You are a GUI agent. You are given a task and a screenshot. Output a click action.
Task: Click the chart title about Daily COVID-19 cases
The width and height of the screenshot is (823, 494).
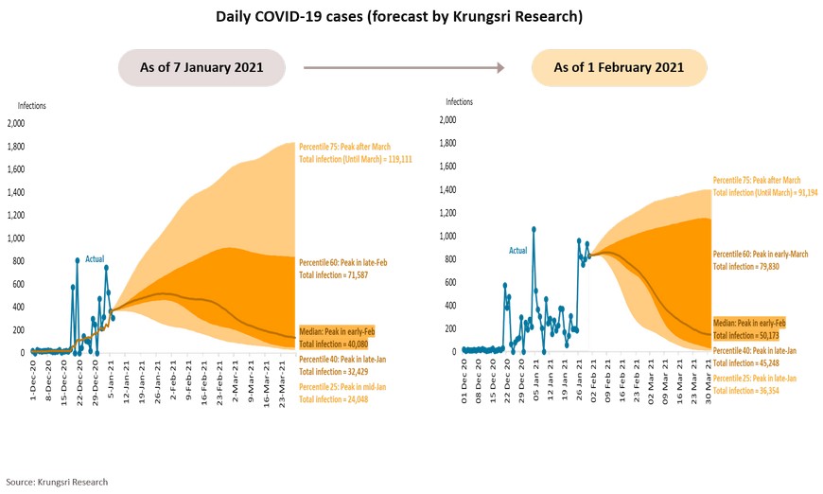click(411, 17)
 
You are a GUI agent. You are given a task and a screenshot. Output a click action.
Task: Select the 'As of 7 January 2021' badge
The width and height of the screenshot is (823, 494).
click(203, 67)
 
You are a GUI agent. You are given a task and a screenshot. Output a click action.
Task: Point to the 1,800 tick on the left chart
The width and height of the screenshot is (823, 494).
click(17, 146)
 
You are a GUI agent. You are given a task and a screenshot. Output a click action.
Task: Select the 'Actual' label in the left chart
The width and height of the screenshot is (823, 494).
click(96, 258)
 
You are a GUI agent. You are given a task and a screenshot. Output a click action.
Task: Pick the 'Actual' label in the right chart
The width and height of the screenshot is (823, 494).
click(518, 251)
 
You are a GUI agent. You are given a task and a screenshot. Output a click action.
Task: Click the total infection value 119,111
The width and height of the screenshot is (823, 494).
click(391, 160)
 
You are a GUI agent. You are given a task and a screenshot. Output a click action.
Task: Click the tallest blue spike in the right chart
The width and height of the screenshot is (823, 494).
click(534, 229)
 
